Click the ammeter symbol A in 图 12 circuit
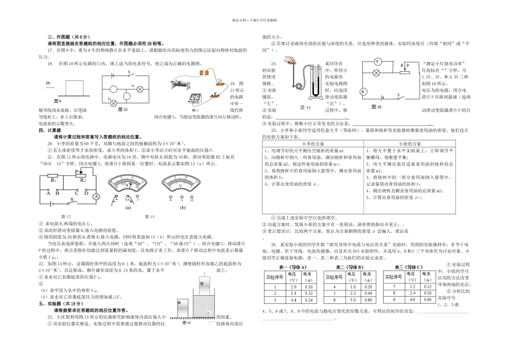coord(96,197)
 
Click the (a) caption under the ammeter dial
coord(129,207)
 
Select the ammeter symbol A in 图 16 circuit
coord(363,92)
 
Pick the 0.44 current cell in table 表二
coord(369,294)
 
